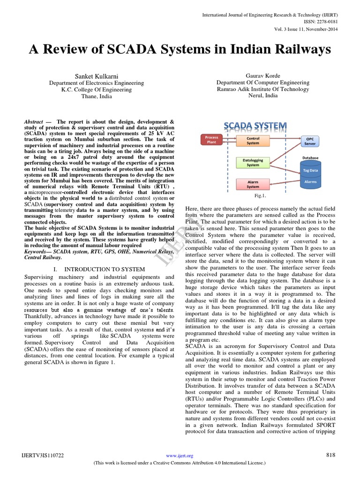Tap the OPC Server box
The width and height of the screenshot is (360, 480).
coord(310,142)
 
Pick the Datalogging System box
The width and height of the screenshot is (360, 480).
coord(253,162)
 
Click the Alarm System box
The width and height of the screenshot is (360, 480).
coord(253,184)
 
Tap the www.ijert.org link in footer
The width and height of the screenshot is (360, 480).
coord(180,456)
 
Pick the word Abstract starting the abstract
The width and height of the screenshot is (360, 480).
coord(33,121)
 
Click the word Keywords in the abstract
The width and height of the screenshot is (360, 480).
coord(37,251)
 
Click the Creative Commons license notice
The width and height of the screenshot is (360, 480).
coord(180,463)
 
